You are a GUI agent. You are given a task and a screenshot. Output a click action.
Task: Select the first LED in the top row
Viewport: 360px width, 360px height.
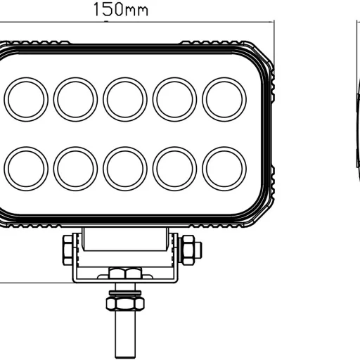tap(25, 99)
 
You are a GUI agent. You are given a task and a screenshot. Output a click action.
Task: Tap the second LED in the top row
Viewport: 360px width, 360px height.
tap(75, 99)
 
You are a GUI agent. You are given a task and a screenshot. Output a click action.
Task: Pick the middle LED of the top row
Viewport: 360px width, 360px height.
tap(125, 99)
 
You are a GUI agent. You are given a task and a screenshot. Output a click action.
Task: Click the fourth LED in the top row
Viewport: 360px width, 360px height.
tap(174, 99)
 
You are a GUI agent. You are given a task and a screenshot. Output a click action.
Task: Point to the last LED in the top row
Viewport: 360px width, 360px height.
tap(224, 99)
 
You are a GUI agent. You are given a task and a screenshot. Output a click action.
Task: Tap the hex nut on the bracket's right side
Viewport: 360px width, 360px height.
tap(190, 249)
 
